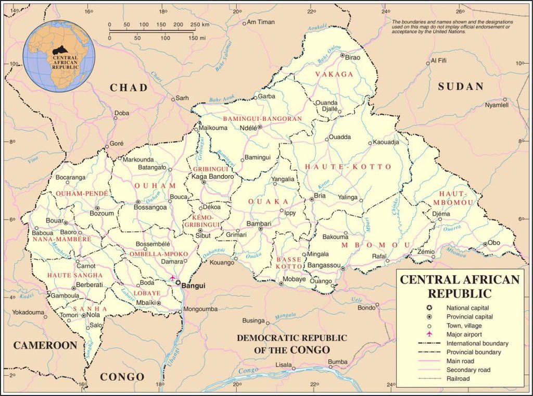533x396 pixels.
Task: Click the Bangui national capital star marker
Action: [178, 283]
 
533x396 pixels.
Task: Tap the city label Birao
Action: [353, 56]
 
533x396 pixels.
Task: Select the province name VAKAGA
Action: [334, 75]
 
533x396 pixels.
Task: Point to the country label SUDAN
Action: [461, 86]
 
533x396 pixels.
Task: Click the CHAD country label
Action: [129, 88]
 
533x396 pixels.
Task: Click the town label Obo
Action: [493, 243]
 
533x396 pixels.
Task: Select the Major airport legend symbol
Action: [430, 335]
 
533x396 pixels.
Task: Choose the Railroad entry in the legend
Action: [458, 379]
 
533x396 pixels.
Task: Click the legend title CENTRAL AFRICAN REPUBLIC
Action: [459, 286]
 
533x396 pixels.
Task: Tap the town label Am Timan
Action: [260, 22]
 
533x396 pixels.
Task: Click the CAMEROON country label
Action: [45, 345]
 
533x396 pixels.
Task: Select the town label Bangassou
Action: [324, 265]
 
